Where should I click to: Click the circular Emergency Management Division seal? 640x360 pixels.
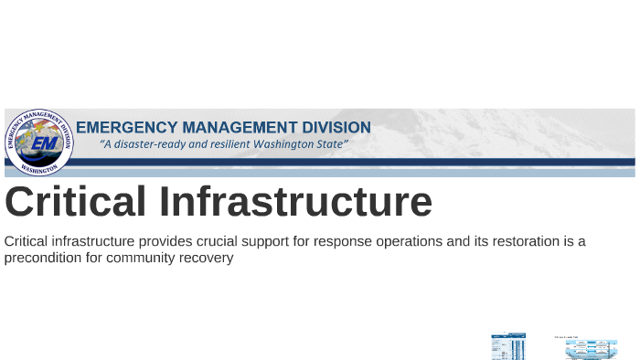(x=39, y=143)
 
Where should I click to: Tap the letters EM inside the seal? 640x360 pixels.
(x=42, y=143)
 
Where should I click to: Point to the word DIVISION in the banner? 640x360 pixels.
(x=336, y=127)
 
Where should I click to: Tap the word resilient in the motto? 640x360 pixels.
(x=236, y=145)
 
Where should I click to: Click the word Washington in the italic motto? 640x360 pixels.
(x=292, y=145)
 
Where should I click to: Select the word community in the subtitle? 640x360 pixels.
(x=144, y=259)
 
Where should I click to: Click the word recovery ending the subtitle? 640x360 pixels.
(x=208, y=259)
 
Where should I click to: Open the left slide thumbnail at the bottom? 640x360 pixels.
(x=508, y=346)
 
